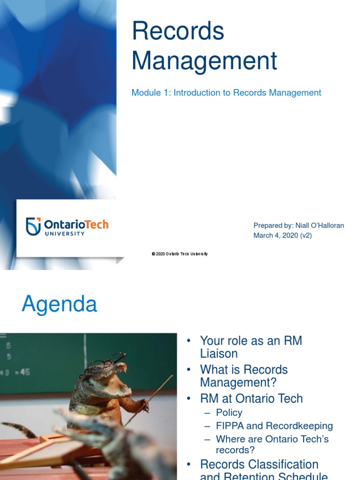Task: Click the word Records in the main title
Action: click(x=178, y=32)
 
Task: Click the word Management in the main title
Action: click(x=204, y=61)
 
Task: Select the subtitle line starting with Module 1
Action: click(x=226, y=93)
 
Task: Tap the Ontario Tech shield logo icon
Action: click(x=33, y=226)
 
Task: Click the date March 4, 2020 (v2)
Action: click(x=282, y=235)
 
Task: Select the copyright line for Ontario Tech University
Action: click(x=180, y=254)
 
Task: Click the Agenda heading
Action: click(x=60, y=305)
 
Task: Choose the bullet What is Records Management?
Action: click(x=244, y=376)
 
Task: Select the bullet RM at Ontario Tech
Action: click(x=251, y=398)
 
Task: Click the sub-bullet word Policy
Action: click(x=229, y=413)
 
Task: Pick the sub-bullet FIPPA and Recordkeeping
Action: click(x=274, y=426)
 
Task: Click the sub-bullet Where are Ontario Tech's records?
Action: click(x=272, y=444)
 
